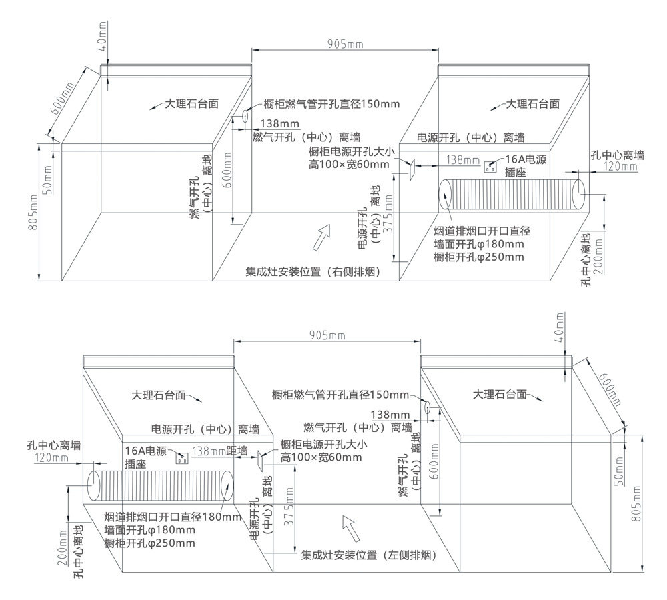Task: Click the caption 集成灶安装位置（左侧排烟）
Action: (x=368, y=554)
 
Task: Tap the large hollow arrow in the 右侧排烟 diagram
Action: (x=322, y=235)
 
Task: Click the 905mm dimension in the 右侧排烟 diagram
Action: (x=345, y=44)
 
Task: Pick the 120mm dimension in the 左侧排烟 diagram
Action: (x=51, y=457)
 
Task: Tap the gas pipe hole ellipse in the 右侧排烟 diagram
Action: (x=245, y=116)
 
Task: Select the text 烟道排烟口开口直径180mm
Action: (x=173, y=517)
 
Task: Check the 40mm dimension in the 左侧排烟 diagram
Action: (x=560, y=327)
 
